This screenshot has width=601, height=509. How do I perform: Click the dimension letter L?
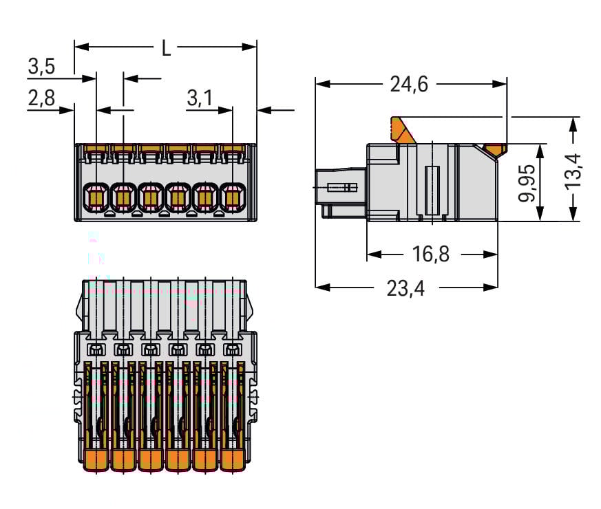165,48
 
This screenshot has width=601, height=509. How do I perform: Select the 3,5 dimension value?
41,67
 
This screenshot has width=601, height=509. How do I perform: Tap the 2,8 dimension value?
41,99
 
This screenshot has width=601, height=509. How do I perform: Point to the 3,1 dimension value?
200,99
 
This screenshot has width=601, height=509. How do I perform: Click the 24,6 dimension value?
409,84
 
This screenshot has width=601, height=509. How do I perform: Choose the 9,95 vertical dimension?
529,183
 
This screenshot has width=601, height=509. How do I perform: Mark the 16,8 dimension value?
431,254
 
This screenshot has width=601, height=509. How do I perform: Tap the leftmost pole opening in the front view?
95,197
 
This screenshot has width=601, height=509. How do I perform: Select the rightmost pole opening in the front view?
232,197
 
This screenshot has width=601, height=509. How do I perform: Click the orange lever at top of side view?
403,130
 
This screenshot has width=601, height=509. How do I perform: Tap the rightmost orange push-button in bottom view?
232,459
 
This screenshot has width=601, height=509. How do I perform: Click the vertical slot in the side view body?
432,190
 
